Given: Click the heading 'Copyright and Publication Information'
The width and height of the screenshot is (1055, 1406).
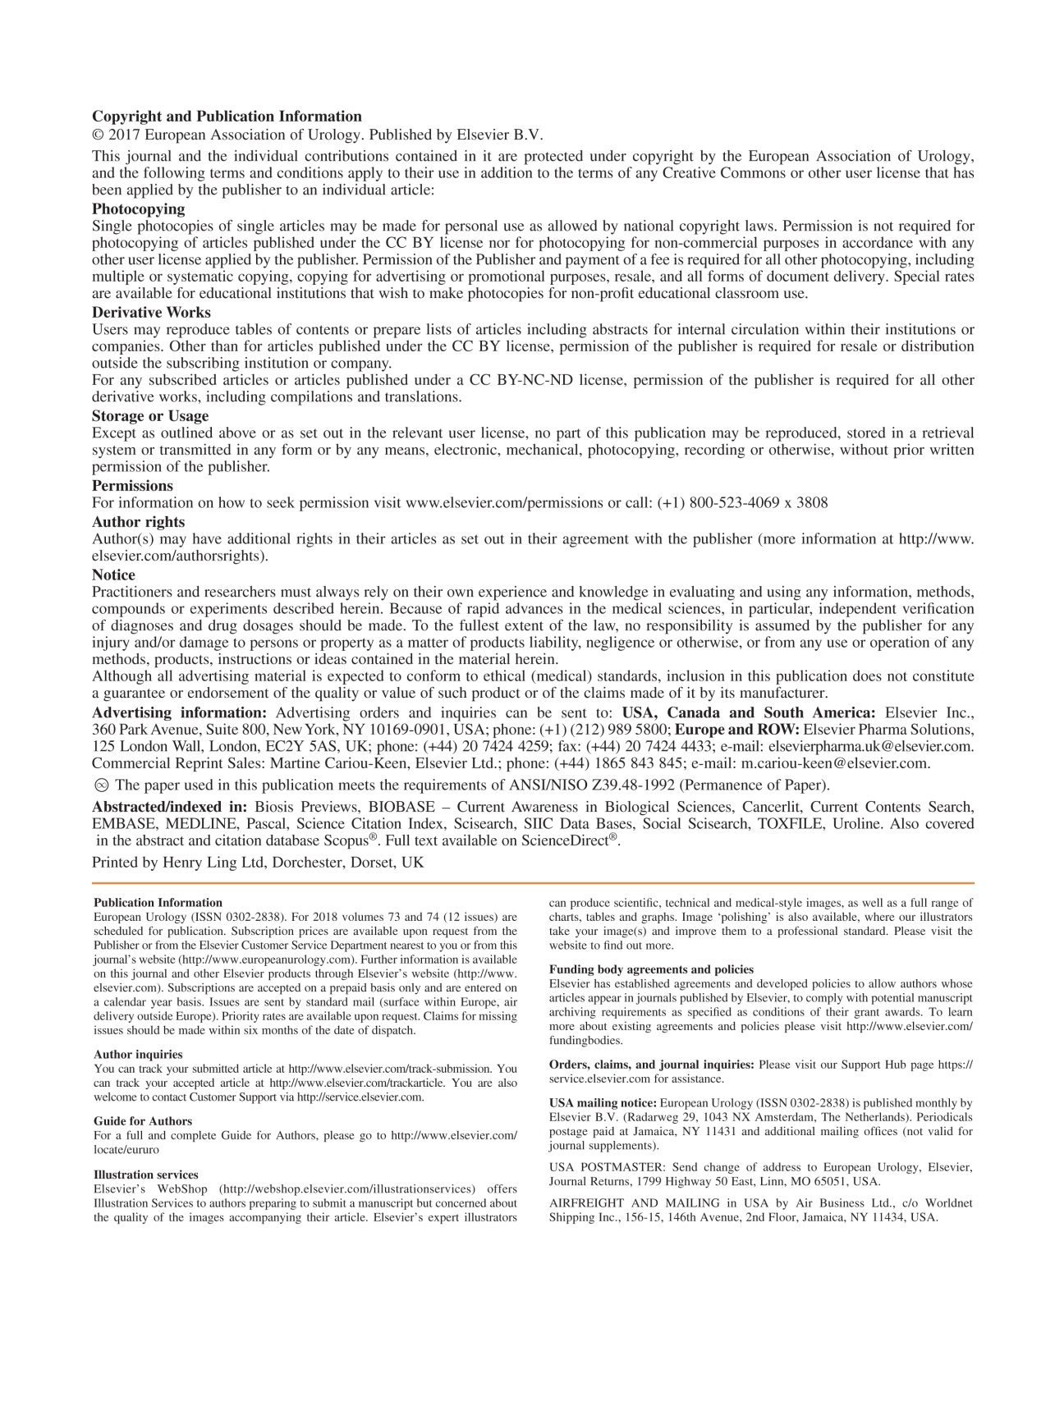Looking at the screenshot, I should tap(227, 117).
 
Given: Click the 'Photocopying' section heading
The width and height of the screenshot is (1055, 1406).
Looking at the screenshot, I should tap(139, 209).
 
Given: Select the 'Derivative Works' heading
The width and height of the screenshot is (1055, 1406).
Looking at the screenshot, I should tap(151, 313).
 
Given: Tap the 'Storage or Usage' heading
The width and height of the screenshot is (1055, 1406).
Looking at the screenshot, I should tap(150, 416).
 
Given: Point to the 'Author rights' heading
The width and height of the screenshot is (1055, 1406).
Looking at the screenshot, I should tap(138, 522).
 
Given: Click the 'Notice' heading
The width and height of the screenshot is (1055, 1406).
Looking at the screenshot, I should tap(113, 575).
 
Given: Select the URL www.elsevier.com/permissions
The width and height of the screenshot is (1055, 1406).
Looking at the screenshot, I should tap(505, 503).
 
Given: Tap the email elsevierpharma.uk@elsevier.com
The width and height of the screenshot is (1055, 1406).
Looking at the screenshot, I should tap(870, 747).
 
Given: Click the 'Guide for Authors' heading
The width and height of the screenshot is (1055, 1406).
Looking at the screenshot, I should tap(143, 1121).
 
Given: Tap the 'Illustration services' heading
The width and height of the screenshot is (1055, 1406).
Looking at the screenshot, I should tap(146, 1175).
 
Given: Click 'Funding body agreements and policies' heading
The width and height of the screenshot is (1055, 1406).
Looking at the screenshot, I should tap(651, 970).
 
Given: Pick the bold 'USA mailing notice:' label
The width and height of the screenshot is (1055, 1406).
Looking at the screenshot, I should tap(603, 1103).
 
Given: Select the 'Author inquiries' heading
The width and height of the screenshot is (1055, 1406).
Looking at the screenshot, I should tap(138, 1055).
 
